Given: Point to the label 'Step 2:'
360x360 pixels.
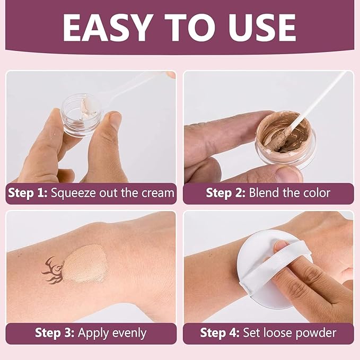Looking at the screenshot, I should [225, 193].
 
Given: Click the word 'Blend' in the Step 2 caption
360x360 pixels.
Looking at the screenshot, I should [265, 193].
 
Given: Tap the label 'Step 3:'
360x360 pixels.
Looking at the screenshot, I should [55, 333].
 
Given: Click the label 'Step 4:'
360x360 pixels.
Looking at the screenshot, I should [219, 333].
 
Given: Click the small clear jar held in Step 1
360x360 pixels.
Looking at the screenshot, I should [79, 113].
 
